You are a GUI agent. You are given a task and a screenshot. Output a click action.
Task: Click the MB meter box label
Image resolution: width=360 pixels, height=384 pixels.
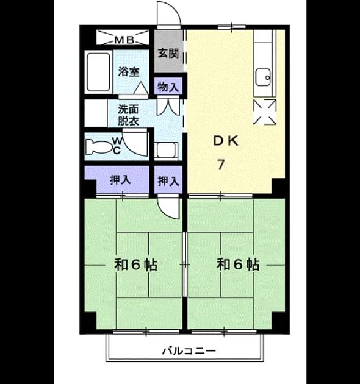[x=124, y=40]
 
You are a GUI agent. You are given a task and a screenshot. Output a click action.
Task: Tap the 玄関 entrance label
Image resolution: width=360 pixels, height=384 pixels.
[x=168, y=53]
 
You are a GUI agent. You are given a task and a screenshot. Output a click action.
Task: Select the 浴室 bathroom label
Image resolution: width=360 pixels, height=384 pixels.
[x=129, y=71]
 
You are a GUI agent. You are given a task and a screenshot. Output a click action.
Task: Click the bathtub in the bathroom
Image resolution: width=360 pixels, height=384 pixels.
[x=98, y=72]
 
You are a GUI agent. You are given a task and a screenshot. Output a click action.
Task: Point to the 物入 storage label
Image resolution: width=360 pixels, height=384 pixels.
[x=168, y=87]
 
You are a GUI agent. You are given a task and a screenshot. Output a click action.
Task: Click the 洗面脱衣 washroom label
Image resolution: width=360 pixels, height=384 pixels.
[x=128, y=115]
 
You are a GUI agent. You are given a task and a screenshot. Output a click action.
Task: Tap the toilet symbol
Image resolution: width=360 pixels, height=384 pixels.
[x=98, y=147]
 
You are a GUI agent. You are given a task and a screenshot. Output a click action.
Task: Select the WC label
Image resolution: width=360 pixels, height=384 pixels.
[x=117, y=146]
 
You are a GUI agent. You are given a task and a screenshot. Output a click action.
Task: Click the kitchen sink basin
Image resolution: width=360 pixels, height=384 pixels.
[x=263, y=77]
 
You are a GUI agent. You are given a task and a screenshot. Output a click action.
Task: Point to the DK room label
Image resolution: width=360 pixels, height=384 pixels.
[x=226, y=141]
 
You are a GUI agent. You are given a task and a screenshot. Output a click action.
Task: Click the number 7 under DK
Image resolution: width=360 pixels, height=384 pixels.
[x=221, y=165]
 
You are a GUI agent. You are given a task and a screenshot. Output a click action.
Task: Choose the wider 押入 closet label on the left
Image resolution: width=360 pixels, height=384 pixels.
[x=120, y=180]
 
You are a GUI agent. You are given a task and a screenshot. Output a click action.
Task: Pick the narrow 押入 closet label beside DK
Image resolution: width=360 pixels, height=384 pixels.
[x=168, y=181]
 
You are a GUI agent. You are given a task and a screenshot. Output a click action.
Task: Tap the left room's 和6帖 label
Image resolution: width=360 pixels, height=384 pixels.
[x=135, y=265]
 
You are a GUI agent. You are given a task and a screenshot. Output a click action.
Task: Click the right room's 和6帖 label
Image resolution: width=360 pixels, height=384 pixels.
[x=238, y=265]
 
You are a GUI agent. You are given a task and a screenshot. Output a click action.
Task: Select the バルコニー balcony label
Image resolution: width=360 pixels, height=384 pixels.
[x=189, y=351]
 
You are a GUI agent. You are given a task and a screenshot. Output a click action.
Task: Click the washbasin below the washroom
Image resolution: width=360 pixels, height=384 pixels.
[x=166, y=150]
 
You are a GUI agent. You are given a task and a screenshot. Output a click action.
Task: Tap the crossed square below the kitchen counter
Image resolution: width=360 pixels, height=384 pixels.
[x=265, y=112]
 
